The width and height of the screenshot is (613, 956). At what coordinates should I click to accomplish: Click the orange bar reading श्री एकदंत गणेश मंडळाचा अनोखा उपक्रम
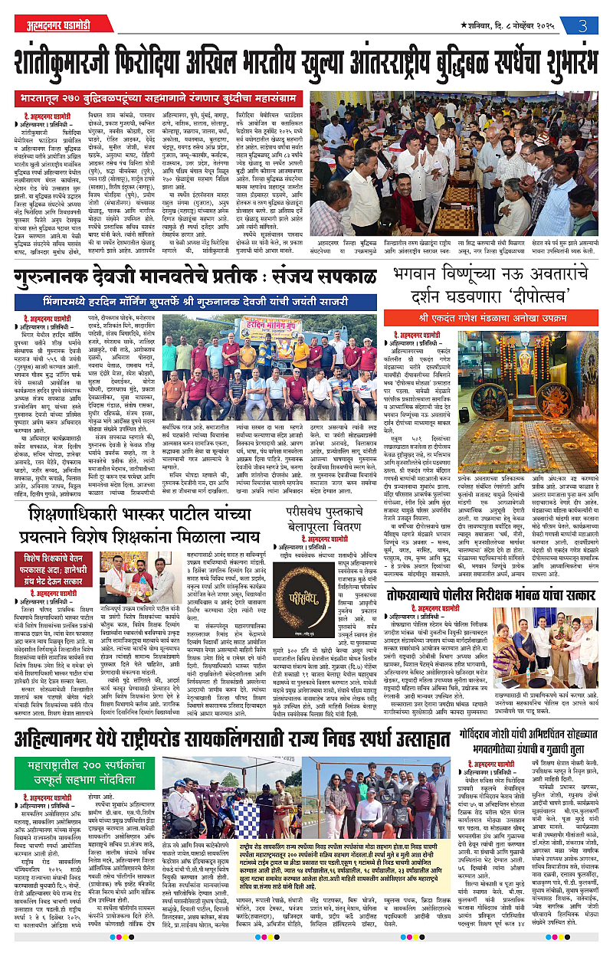(498, 316)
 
